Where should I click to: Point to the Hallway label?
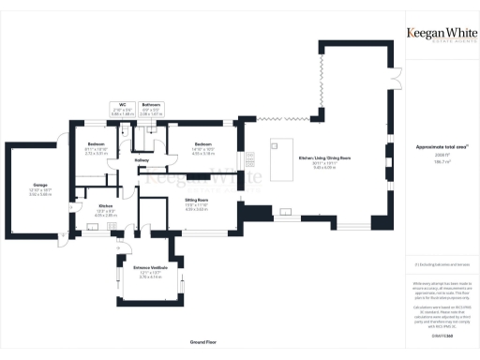(142, 160)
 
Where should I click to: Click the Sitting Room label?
(196, 201)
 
